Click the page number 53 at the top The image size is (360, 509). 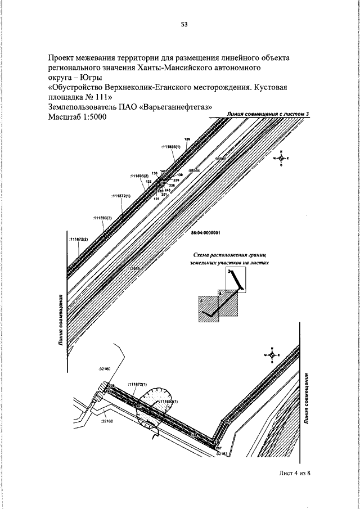184,24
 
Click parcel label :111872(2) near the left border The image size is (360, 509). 79,239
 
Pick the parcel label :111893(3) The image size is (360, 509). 102,217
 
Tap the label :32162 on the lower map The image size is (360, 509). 107,421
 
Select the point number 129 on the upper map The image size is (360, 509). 187,139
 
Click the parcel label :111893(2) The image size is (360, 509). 138,176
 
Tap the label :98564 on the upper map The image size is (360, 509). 194,170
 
